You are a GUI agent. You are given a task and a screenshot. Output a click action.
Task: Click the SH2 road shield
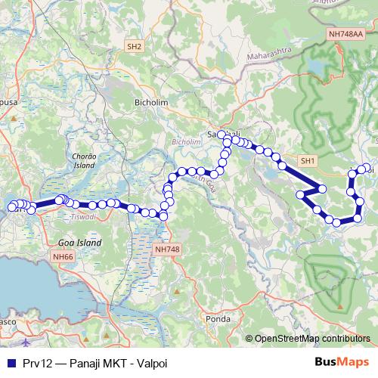tap(135, 46)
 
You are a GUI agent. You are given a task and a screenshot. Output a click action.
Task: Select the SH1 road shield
tap(307, 161)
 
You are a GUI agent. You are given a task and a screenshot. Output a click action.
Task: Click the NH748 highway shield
tap(166, 249)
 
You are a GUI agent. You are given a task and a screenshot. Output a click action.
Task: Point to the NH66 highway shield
tap(64, 257)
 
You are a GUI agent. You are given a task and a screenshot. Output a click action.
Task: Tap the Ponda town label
tap(218, 319)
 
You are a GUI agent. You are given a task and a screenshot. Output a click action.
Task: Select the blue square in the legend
tap(10, 361)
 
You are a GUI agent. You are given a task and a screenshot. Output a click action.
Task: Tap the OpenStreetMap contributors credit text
tap(311, 338)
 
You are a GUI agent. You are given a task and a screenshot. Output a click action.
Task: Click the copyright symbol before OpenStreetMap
tap(249, 338)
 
